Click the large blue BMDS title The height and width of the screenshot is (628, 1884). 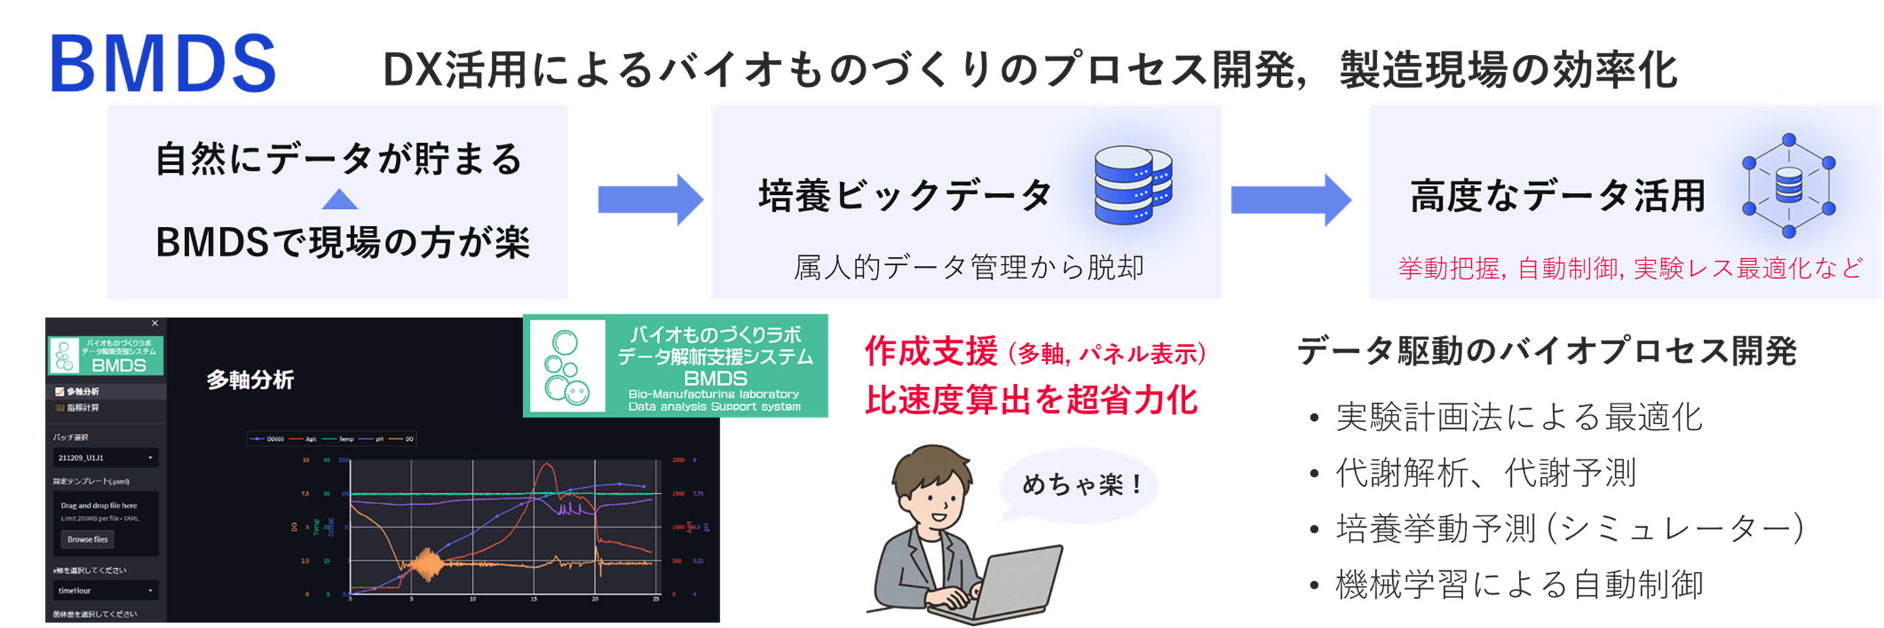(162, 64)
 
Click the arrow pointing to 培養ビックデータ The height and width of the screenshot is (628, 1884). (649, 199)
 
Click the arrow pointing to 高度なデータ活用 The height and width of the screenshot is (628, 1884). (1290, 199)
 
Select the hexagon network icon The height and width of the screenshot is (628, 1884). (1788, 186)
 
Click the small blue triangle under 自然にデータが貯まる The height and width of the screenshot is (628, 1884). (340, 199)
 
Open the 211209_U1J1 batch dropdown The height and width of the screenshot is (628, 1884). (105, 457)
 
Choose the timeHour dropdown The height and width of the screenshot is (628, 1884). (105, 590)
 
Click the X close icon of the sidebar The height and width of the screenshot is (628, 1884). (154, 323)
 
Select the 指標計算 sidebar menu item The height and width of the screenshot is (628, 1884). (82, 408)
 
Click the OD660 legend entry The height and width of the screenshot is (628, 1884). (268, 439)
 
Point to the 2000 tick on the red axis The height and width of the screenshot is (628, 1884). (678, 460)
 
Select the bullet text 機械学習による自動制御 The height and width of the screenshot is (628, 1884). (1518, 584)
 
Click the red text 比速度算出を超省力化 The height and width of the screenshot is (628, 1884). (1031, 400)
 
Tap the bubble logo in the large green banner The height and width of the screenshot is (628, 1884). (566, 367)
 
